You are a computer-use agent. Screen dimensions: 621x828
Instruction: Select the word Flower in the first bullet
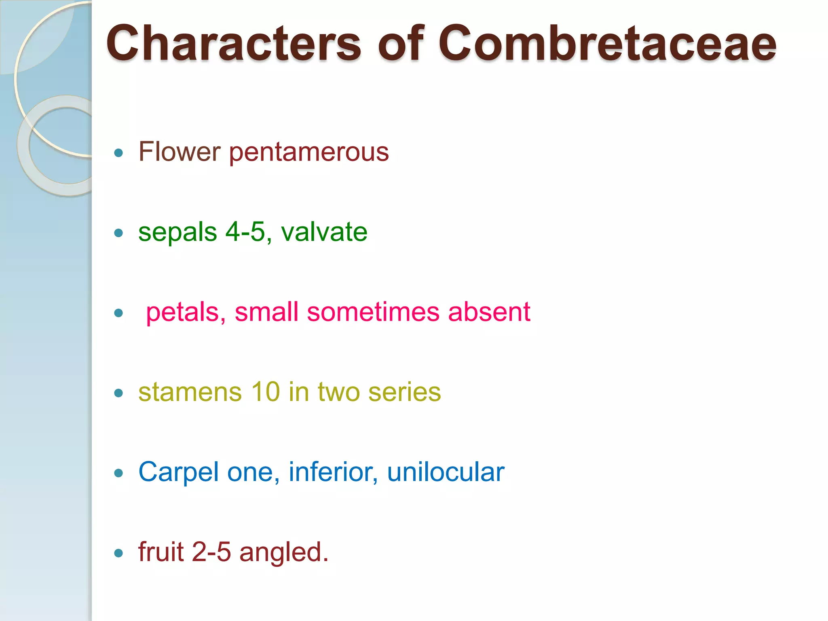(x=180, y=152)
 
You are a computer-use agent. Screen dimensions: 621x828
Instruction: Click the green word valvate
(x=324, y=232)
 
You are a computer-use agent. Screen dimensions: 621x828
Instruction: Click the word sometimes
(x=373, y=312)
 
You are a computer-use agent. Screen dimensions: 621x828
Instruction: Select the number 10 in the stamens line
(x=265, y=392)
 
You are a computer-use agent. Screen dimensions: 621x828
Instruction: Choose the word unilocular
(x=446, y=472)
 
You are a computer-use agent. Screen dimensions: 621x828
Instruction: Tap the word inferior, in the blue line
(x=333, y=472)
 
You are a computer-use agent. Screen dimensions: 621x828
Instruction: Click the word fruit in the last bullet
(x=161, y=552)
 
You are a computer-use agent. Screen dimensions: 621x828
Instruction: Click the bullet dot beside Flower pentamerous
(x=118, y=153)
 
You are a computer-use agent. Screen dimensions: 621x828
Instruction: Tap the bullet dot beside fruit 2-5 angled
(x=118, y=553)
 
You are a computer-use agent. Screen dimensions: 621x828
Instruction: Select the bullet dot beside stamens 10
(x=118, y=393)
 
